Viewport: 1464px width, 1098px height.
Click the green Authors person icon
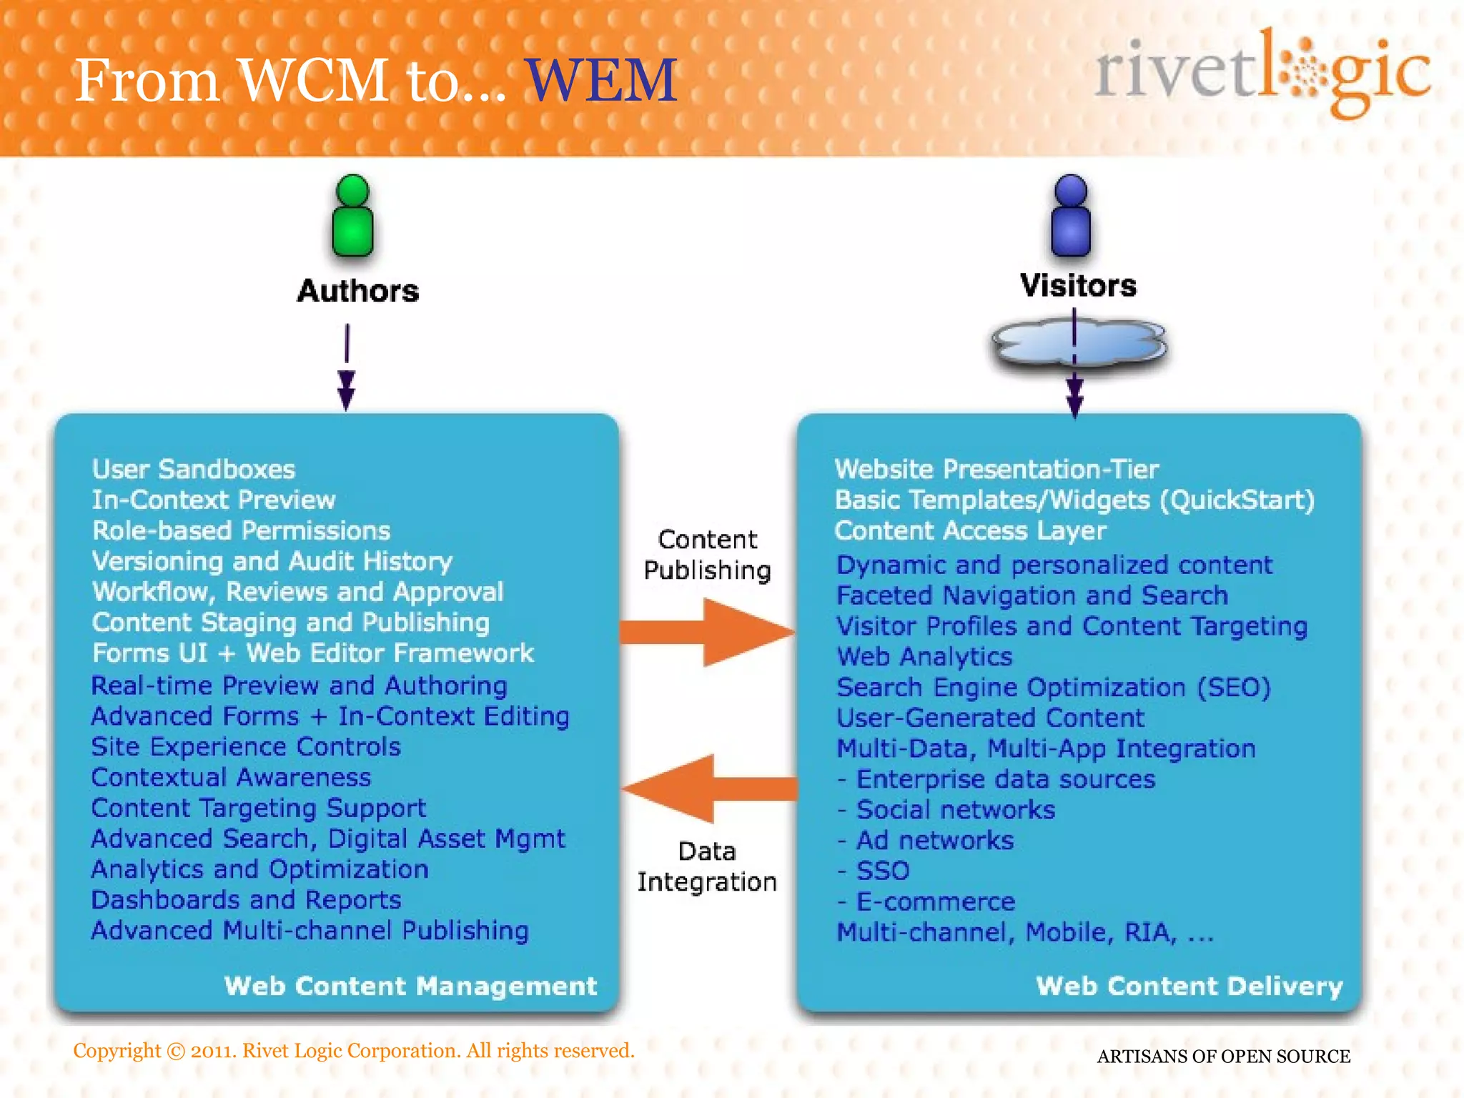[x=352, y=217]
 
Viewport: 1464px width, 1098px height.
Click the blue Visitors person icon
[x=1071, y=217]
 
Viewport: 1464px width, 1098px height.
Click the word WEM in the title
[x=601, y=80]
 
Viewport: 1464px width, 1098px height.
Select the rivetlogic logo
[x=1262, y=73]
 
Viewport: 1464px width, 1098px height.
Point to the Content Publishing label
[x=707, y=555]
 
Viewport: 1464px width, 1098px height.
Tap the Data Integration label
[x=707, y=866]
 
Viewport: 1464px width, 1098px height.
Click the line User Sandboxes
[x=194, y=470]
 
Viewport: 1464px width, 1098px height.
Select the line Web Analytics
[x=924, y=657]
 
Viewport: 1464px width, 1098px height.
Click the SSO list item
[x=882, y=871]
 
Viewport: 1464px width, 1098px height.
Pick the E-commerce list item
[x=935, y=901]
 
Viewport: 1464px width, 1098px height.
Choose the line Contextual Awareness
[x=231, y=778]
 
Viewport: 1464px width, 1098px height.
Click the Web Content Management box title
[x=410, y=986]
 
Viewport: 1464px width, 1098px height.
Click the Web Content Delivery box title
[x=1189, y=986]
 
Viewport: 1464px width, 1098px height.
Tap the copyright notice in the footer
[x=354, y=1051]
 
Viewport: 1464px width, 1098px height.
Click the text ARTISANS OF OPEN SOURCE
[x=1223, y=1057]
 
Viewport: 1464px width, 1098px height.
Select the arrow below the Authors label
[x=347, y=368]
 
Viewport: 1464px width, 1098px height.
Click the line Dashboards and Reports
[x=246, y=900]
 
